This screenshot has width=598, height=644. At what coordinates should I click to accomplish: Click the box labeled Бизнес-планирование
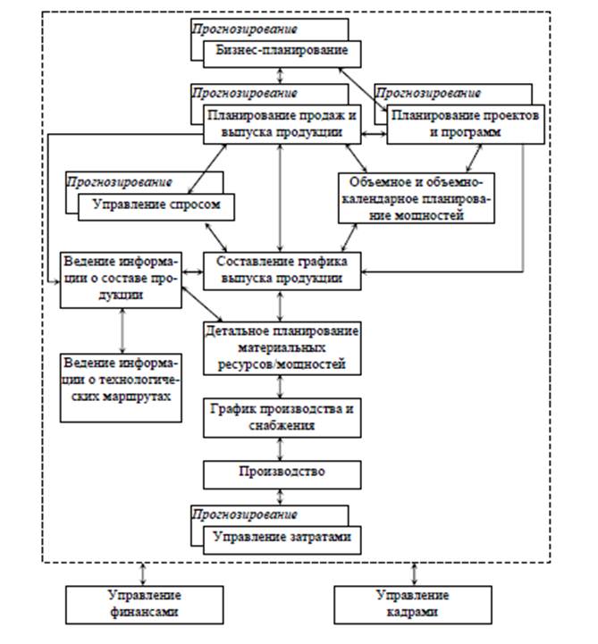click(282, 54)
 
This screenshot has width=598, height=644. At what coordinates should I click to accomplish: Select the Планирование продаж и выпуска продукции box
click(282, 124)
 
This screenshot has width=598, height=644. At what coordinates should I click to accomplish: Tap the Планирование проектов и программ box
click(465, 124)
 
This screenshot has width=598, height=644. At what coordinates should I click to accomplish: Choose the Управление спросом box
click(156, 207)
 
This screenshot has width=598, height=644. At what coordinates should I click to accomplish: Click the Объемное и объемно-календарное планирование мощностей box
click(417, 198)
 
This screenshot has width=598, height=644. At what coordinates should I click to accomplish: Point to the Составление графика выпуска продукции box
click(282, 271)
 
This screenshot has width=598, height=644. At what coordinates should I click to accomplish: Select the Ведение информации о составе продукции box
click(121, 280)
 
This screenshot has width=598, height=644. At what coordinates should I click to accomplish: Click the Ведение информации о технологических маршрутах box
click(121, 388)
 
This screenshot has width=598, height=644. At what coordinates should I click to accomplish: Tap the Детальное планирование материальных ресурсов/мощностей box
click(282, 348)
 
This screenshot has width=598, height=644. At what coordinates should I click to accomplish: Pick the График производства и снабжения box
click(282, 418)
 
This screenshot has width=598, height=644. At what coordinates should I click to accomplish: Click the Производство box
click(282, 474)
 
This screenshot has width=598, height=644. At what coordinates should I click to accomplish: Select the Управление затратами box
click(282, 540)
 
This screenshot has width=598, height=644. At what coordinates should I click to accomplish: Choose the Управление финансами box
click(144, 605)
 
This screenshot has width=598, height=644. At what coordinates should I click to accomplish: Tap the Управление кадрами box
click(413, 605)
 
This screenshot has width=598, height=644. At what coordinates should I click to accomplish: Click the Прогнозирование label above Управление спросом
click(120, 182)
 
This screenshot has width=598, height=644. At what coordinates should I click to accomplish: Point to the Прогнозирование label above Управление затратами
click(245, 514)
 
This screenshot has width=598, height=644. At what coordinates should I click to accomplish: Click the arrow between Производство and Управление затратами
click(281, 497)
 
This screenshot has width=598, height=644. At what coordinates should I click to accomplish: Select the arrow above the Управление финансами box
click(143, 574)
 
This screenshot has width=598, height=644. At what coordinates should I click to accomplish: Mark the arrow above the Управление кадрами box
click(414, 574)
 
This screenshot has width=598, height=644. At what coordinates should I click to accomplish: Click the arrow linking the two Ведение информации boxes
click(122, 330)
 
